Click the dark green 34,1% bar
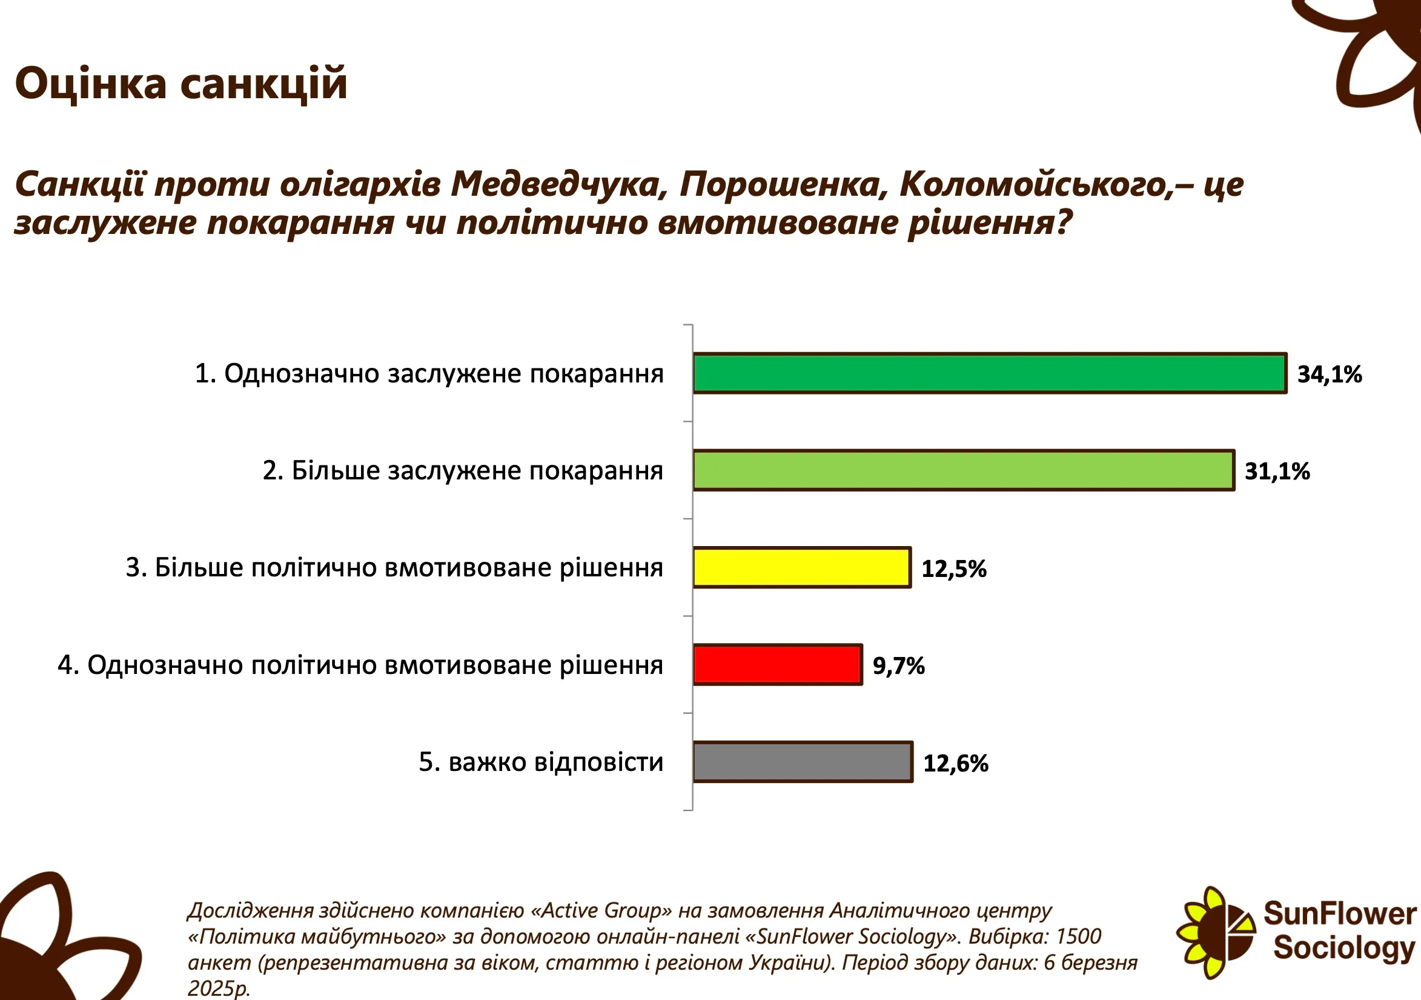[990, 373]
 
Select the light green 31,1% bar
[964, 470]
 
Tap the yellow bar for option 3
[802, 567]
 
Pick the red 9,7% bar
[777, 664]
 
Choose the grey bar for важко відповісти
[803, 762]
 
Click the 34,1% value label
[1330, 375]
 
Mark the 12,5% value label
[954, 569]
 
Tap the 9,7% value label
[899, 666]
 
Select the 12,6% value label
[956, 764]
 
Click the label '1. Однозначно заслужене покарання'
[429, 374]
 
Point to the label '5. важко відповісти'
[541, 762]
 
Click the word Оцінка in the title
[91, 84]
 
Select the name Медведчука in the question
[559, 184]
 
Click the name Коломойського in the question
[1037, 184]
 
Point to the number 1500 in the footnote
[1078, 936]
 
